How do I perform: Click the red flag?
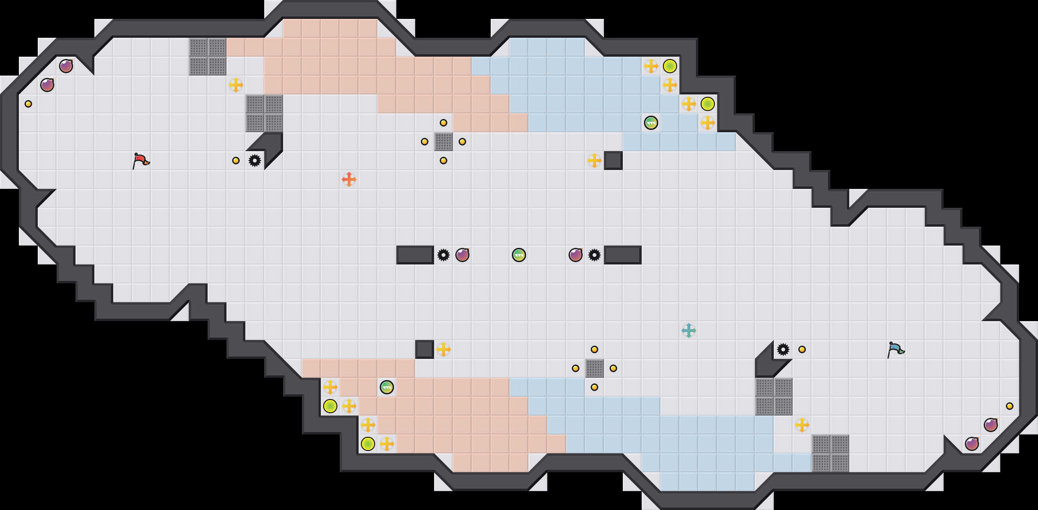click(x=141, y=161)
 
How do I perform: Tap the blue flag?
click(x=896, y=349)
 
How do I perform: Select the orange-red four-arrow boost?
click(x=349, y=179)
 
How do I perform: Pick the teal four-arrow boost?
click(x=689, y=331)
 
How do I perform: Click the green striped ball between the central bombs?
click(x=519, y=255)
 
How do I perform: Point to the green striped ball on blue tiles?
click(x=651, y=123)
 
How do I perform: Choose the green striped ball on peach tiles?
click(x=387, y=387)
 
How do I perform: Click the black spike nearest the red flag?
click(x=255, y=161)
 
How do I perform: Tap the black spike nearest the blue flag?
click(x=783, y=349)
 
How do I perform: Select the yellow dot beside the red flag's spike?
click(x=236, y=161)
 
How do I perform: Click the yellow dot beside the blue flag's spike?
click(x=802, y=349)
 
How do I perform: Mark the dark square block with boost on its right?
click(x=425, y=349)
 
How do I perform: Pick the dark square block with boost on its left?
click(x=613, y=161)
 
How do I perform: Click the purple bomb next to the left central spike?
click(x=462, y=255)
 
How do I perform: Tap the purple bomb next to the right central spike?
click(x=576, y=255)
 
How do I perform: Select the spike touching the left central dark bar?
click(x=444, y=255)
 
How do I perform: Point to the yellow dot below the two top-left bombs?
click(x=28, y=104)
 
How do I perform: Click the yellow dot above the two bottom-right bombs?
click(x=1010, y=406)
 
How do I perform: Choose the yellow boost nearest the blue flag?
click(x=802, y=425)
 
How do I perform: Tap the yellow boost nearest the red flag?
click(x=236, y=85)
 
